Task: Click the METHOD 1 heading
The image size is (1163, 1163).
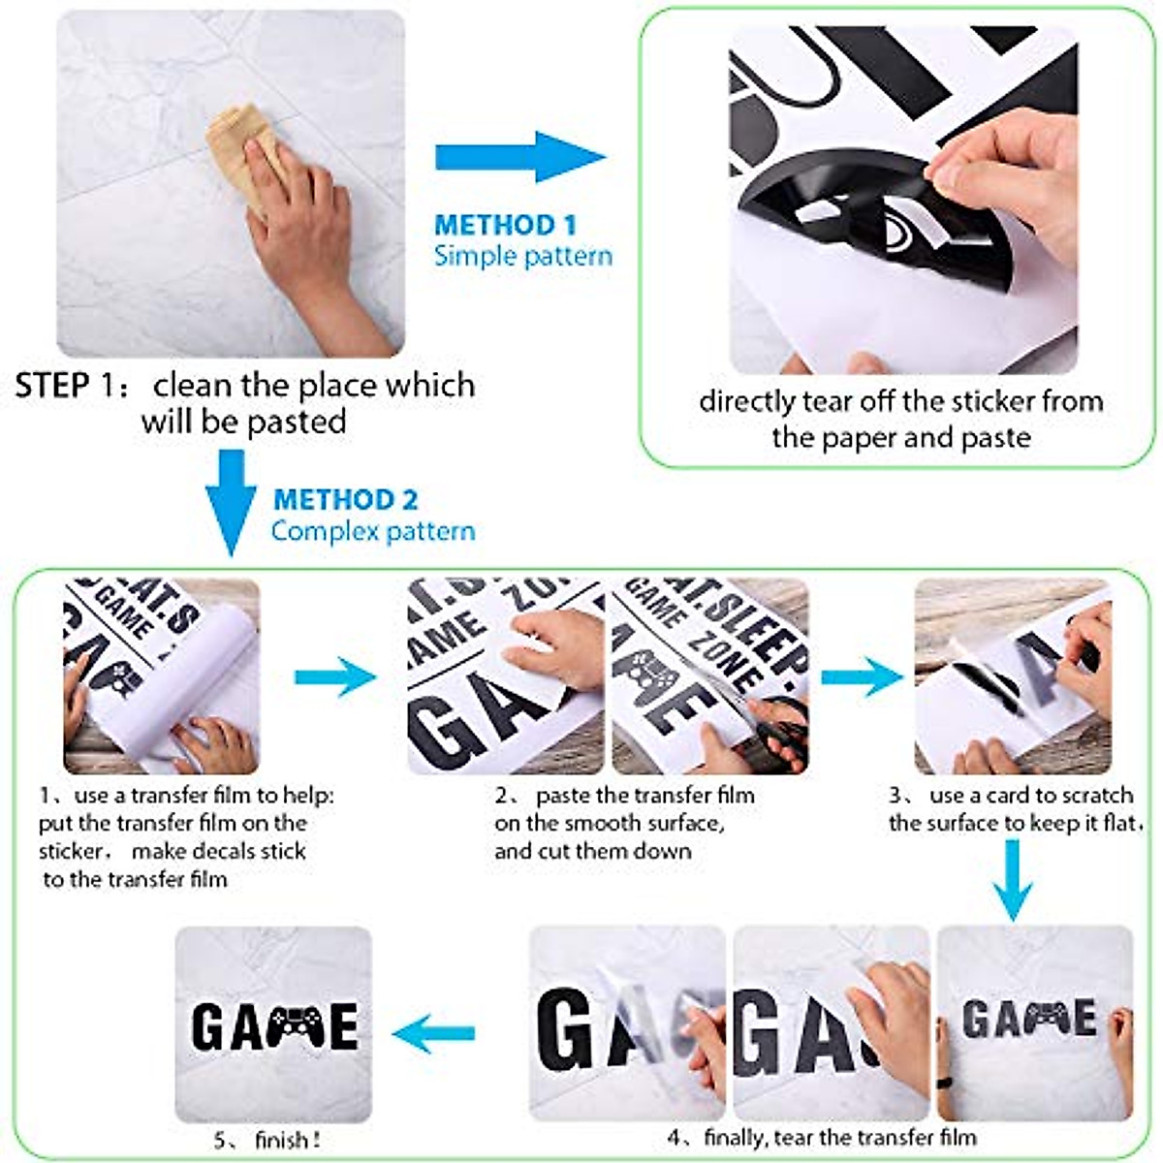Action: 505,225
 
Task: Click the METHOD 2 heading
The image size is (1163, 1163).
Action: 345,500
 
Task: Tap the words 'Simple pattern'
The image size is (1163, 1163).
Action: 522,257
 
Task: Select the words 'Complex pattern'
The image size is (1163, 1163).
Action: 373,531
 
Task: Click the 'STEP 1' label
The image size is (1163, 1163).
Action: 65,386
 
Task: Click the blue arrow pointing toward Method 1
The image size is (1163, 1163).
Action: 519,157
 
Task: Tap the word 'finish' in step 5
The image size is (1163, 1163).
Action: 281,1141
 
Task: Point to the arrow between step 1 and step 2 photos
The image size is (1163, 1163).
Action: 334,676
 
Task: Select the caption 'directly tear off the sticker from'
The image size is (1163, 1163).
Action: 900,401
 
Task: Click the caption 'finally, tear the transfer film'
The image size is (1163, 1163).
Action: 839,1137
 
